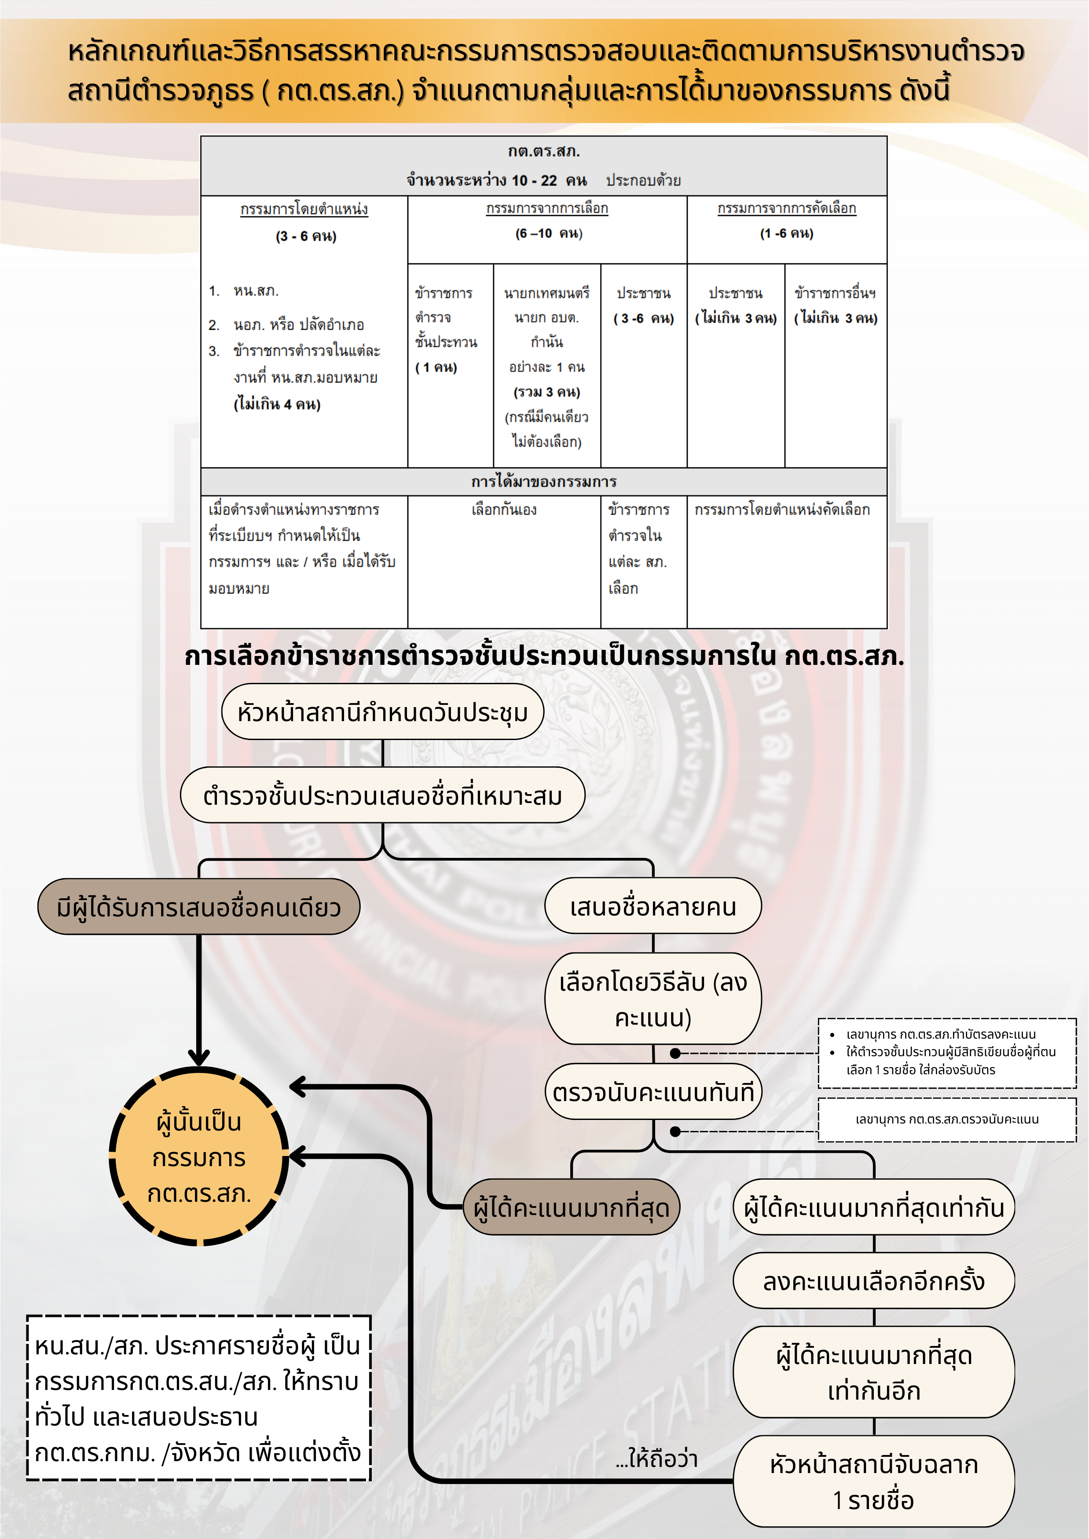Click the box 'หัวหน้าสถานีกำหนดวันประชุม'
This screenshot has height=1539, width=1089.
tap(382, 712)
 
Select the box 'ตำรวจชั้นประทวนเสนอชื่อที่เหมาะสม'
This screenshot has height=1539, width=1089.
tap(382, 795)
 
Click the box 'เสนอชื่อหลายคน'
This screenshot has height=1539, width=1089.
tap(653, 906)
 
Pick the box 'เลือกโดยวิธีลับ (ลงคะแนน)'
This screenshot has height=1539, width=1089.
tap(653, 999)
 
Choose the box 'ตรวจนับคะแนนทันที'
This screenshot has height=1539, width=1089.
tap(653, 1092)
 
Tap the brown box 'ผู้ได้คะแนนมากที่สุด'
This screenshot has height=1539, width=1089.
tap(571, 1207)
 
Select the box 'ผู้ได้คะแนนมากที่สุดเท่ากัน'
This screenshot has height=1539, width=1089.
tap(874, 1207)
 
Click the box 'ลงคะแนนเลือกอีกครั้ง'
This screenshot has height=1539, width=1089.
tap(874, 1281)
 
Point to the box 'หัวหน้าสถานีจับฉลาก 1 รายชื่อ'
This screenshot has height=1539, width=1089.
tap(874, 1482)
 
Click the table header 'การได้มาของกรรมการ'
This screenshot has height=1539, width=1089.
tap(544, 481)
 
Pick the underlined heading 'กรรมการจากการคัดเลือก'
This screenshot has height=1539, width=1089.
tap(787, 208)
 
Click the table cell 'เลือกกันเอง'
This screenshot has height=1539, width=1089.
tap(504, 510)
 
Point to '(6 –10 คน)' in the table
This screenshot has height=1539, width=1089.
tap(549, 233)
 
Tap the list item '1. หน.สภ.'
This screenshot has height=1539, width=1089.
tap(245, 291)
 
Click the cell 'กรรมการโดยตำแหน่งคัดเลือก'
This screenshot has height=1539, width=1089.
tap(782, 510)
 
